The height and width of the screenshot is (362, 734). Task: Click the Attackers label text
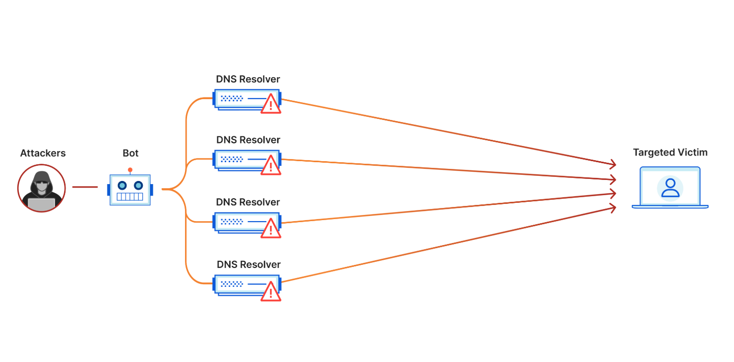pos(43,153)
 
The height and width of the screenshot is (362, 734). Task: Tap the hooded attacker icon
pos(42,188)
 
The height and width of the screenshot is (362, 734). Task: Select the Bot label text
pos(131,153)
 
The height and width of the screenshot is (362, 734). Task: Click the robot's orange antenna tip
pos(130,170)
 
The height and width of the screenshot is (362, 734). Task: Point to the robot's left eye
pos(122,186)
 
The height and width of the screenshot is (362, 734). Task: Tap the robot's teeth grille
pos(130,197)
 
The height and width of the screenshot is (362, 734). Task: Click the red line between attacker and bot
pos(85,187)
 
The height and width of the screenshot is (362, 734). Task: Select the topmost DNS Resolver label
pos(248,79)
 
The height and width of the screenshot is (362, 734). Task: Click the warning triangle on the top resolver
pos(270,104)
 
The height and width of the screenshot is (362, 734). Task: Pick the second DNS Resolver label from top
pos(248,140)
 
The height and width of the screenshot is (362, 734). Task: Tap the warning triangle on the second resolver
pos(270,165)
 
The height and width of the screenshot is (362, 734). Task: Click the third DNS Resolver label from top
pos(248,202)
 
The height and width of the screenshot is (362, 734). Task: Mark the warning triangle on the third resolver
pos(270,228)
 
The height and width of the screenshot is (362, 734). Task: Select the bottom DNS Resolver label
pos(249,264)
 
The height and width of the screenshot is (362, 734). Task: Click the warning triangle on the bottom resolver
pos(270,291)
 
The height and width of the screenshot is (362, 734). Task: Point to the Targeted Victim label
pos(670,153)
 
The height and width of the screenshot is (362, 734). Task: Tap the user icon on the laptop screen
pos(670,188)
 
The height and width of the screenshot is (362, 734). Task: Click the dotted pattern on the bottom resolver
pos(232,284)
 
